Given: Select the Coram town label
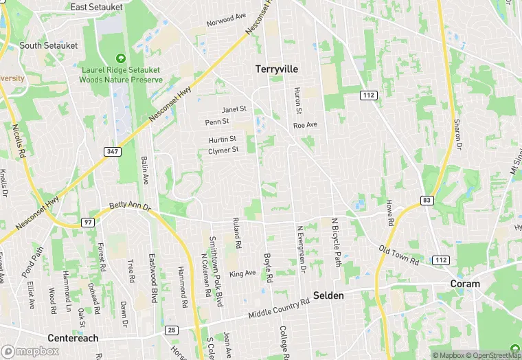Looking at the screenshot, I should pos(465,284).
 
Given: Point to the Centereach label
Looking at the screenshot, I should pos(73,338).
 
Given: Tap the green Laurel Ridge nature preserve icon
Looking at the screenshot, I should pos(122,59).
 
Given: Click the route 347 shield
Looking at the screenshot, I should pos(112,151).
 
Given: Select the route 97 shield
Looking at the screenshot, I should pos(87,222).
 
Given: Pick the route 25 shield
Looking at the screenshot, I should pos(171,330).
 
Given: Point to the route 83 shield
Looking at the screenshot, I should pos(426,200).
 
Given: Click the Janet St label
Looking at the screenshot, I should pos(234,109).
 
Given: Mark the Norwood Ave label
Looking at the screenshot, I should pos(227,21).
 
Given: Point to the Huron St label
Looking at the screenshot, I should pos(298,100).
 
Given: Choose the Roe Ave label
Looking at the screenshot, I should pos(305,125).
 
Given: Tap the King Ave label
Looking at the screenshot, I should pos(242,273).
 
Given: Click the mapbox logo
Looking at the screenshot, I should pos(31,350).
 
